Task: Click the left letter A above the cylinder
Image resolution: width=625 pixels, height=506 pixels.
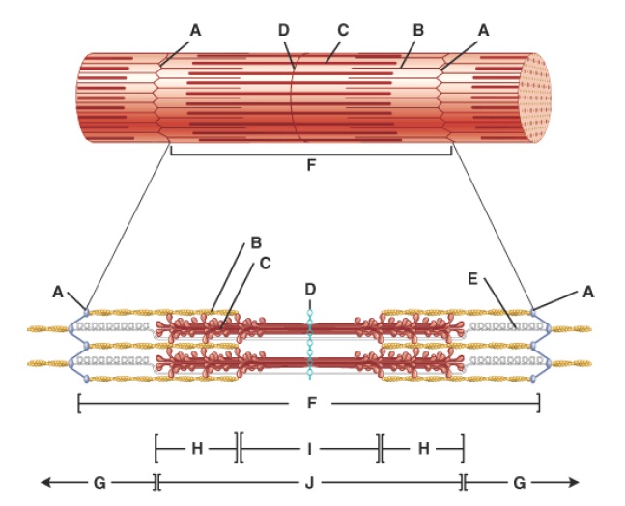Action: [x=195, y=30]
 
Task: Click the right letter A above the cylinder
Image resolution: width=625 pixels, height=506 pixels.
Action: [x=483, y=30]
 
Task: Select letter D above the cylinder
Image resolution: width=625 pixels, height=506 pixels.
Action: [x=283, y=30]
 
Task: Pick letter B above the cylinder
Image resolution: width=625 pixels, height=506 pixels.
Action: [x=417, y=30]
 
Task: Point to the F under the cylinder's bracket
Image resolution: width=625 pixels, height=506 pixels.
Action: [x=310, y=165]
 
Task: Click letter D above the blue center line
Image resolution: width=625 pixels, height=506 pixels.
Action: [x=310, y=289]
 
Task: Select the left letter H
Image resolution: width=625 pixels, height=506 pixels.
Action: [x=196, y=448]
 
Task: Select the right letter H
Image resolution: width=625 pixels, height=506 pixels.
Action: [x=422, y=448]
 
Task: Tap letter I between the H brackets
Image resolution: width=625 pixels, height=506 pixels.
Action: [x=309, y=448]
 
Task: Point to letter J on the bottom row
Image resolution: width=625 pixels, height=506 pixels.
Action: [x=310, y=481]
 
